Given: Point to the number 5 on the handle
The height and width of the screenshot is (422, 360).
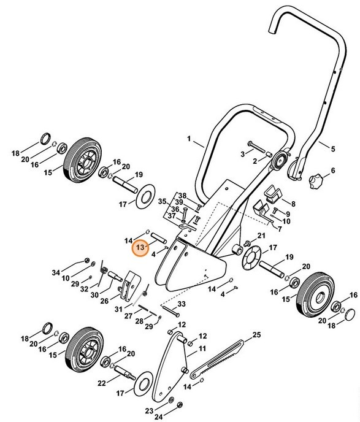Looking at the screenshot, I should pyautogui.click(x=334, y=148).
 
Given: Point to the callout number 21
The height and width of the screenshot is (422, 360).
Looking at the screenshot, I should pyautogui.click(x=260, y=236).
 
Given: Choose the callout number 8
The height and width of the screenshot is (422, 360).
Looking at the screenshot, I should pyautogui.click(x=293, y=203).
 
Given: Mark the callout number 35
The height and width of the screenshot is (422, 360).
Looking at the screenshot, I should pyautogui.click(x=162, y=201).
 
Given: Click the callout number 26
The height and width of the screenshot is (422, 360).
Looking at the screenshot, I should pyautogui.click(x=104, y=301).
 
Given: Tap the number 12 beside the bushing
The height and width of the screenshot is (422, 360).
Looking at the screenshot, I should pyautogui.click(x=203, y=337).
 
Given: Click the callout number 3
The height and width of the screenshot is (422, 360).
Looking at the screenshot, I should pyautogui.click(x=242, y=153).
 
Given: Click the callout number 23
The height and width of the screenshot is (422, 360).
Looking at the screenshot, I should pyautogui.click(x=149, y=409).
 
